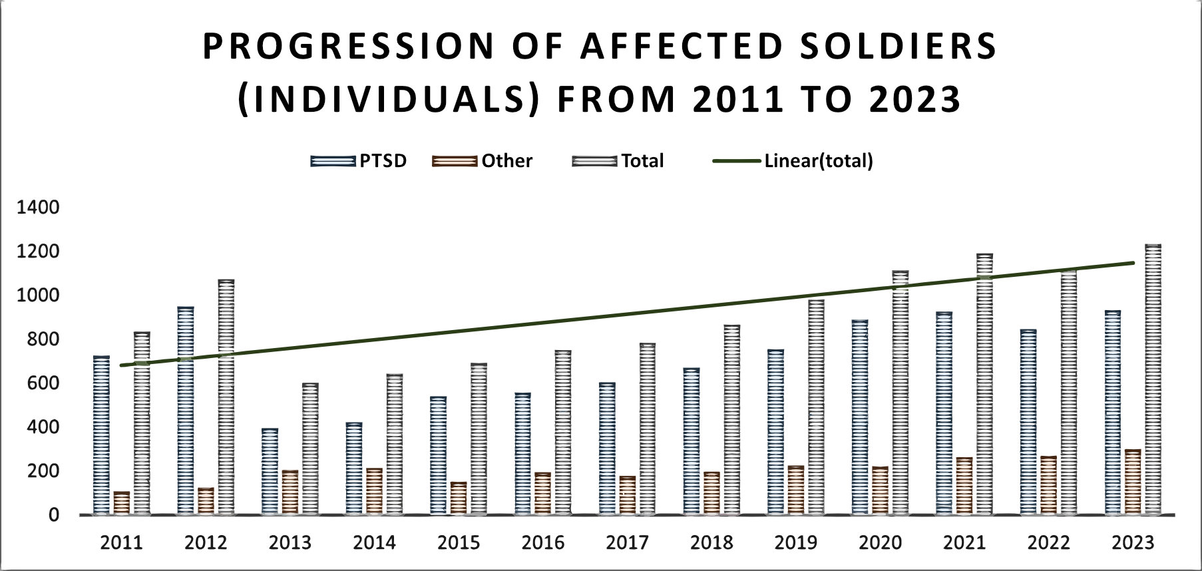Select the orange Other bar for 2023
tap(1133, 482)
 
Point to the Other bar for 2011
tap(122, 503)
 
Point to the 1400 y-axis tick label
tap(38, 208)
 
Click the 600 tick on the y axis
tap(44, 383)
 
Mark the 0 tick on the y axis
tap(53, 515)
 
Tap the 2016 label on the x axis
tap(543, 543)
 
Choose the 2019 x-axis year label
tap(796, 543)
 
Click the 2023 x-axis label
tap(1133, 543)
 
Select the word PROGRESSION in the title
tap(349, 47)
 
